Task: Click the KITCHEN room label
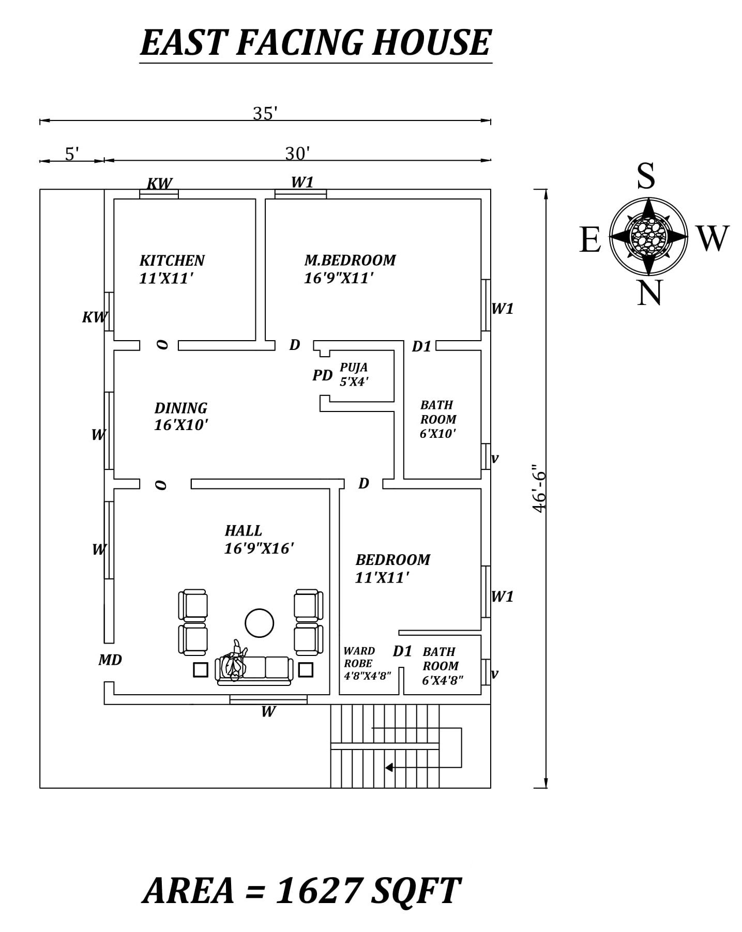pyautogui.click(x=172, y=261)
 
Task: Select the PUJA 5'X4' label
pyautogui.click(x=354, y=374)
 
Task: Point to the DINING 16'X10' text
pyautogui.click(x=181, y=416)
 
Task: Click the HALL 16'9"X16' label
pyautogui.click(x=259, y=539)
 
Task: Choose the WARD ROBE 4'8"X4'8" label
pyautogui.click(x=367, y=663)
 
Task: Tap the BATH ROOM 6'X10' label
pyautogui.click(x=438, y=419)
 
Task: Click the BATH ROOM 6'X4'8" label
pyautogui.click(x=442, y=666)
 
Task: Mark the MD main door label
pyautogui.click(x=110, y=660)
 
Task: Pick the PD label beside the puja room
pyautogui.click(x=322, y=375)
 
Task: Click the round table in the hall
pyautogui.click(x=259, y=623)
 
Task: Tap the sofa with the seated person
pyautogui.click(x=254, y=669)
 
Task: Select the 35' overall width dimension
pyautogui.click(x=265, y=113)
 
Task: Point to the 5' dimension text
pyautogui.click(x=72, y=154)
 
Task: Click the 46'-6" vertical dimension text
pyautogui.click(x=538, y=488)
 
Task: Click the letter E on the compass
pyautogui.click(x=590, y=239)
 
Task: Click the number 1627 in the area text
pyautogui.click(x=318, y=891)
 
